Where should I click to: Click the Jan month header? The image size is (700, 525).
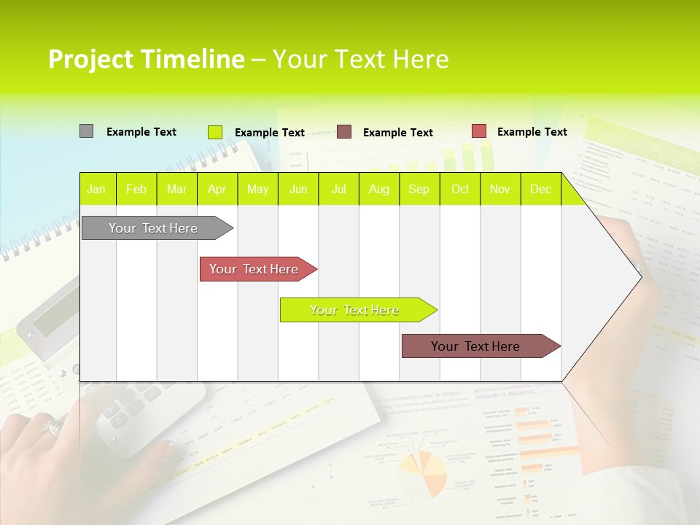coord(96,189)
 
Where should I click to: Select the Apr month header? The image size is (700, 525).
coord(217,189)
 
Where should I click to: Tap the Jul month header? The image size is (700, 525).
coord(339,189)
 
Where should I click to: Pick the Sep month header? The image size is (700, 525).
coord(419,189)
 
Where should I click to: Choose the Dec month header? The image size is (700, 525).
coord(540,189)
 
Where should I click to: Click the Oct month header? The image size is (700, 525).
coord(460,189)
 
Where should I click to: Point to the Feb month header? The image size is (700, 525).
coord(136,189)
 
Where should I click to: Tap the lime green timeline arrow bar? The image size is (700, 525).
coord(355,310)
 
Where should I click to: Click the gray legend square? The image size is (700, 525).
coord(86,131)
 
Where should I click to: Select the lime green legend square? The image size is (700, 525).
coord(214,132)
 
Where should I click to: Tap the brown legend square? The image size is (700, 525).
coord(344,132)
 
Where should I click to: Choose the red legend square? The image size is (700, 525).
coord(478,131)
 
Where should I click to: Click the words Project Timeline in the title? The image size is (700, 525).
coord(146,59)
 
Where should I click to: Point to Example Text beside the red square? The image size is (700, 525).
coord(532,132)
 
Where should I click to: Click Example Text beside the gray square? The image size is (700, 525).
coord(141,132)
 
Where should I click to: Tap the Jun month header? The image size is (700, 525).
coord(298,189)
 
